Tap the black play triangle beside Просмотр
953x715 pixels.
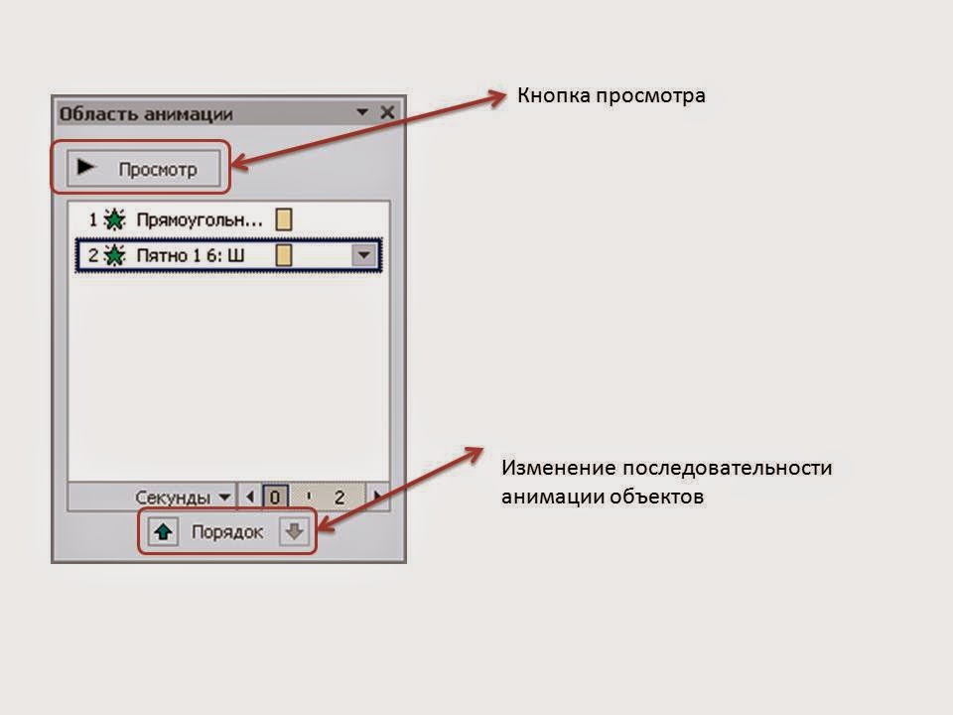86,168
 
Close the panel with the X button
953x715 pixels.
387,112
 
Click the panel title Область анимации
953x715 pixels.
146,113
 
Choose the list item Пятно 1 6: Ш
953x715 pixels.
190,256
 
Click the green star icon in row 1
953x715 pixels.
115,219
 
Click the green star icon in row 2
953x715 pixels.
115,256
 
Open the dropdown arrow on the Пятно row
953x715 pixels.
365,256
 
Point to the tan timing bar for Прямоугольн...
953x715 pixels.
284,219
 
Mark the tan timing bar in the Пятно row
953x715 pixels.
284,256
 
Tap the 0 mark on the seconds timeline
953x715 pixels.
276,497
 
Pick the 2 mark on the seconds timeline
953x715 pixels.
339,497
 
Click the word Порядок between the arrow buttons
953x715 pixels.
227,532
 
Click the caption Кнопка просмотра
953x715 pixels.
611,96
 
